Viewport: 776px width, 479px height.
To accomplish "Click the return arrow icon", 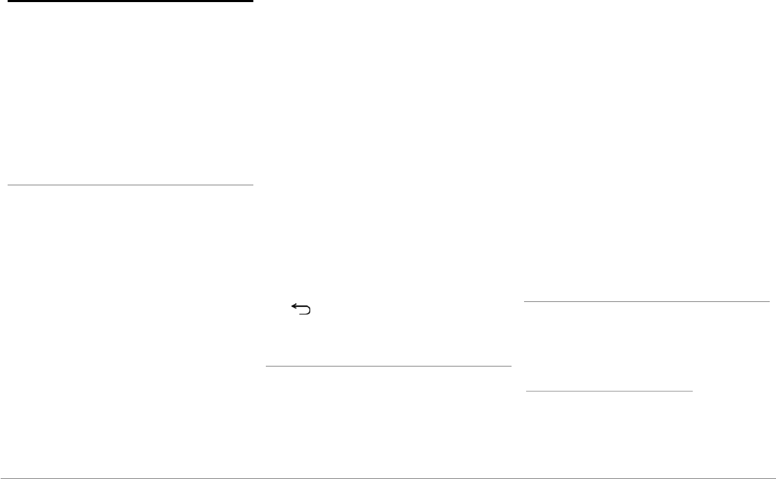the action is tap(301, 310).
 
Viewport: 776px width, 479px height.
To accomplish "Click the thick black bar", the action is tap(127, 1).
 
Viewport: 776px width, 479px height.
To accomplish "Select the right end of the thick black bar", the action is tap(253, 1).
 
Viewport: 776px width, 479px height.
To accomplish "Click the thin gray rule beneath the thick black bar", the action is tap(130, 185).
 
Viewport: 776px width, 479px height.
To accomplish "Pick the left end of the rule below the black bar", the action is tap(8, 185).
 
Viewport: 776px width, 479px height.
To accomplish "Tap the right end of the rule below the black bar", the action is tap(253, 185).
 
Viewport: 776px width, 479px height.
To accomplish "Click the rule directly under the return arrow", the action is tap(389, 366).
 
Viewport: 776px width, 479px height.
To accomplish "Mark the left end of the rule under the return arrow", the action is tap(267, 366).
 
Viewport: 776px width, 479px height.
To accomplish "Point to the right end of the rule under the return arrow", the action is tap(511, 366).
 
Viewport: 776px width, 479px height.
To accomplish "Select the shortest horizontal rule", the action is tap(609, 391).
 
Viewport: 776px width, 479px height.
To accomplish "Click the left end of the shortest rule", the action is tap(526, 391).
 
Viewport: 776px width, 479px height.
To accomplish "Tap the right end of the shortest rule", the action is tap(693, 391).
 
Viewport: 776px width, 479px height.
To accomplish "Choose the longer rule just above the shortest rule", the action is tap(647, 302).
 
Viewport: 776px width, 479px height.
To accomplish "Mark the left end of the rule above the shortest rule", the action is tap(524, 302).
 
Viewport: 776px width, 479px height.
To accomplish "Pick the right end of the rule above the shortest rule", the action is tap(770, 302).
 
